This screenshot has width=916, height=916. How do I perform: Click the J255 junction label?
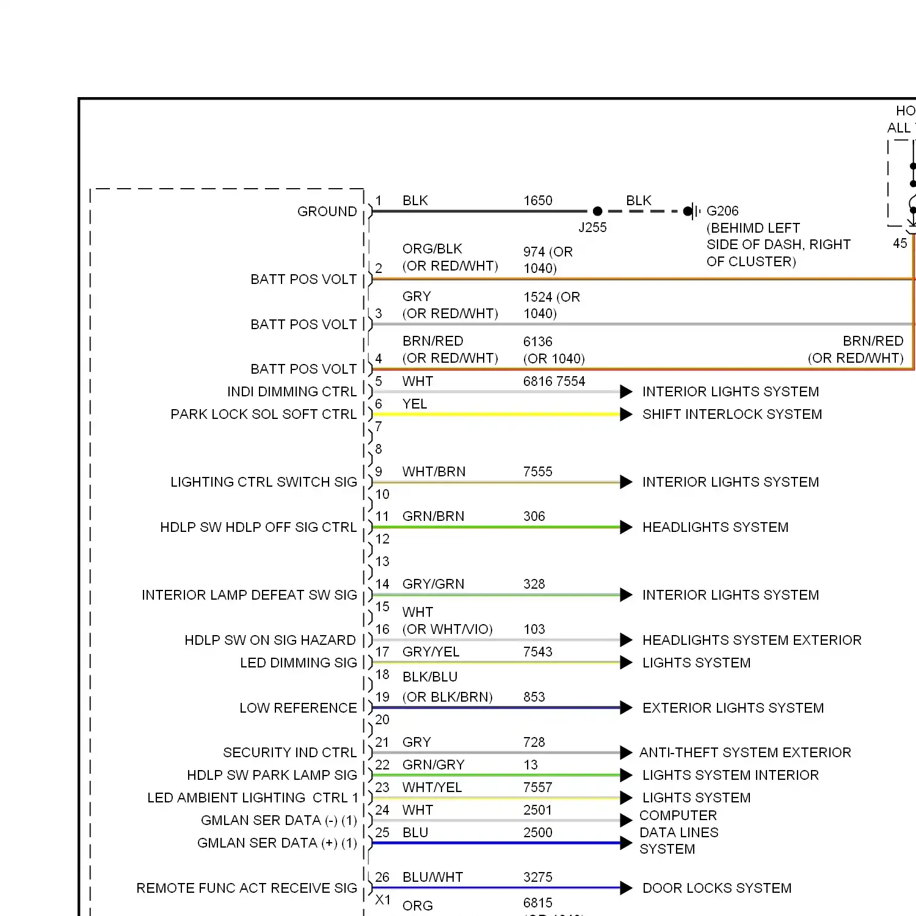pos(592,228)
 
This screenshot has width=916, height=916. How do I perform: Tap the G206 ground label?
pos(722,211)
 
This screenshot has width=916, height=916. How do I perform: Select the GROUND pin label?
pos(327,212)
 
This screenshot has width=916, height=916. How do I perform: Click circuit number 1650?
pos(537,201)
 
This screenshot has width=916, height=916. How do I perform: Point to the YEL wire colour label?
pos(415,404)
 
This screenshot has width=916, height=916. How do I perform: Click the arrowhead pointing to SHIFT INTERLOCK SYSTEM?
pos(626,415)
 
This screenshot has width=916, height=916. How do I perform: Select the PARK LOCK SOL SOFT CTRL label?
pos(264,415)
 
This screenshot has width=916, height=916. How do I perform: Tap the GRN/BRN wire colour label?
pos(433,517)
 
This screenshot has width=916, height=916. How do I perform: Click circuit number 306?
pos(534,517)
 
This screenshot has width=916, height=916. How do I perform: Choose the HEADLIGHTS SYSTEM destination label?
pos(715,528)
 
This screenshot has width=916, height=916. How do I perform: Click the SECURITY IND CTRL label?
pos(289,753)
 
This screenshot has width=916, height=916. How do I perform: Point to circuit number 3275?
pos(537,878)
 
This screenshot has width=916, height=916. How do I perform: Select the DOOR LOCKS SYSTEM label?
pos(717,889)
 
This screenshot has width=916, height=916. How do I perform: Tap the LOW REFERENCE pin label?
pos(298,708)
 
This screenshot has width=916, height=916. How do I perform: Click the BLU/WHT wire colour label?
pos(432,878)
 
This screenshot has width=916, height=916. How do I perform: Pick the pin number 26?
pos(382,878)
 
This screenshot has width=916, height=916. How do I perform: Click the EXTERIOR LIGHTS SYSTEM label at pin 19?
pos(733,708)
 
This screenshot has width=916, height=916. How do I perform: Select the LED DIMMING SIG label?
pos(298,663)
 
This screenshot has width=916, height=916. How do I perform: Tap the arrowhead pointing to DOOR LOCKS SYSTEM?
pos(626,889)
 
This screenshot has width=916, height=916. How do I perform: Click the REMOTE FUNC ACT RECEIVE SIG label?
pos(247,889)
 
